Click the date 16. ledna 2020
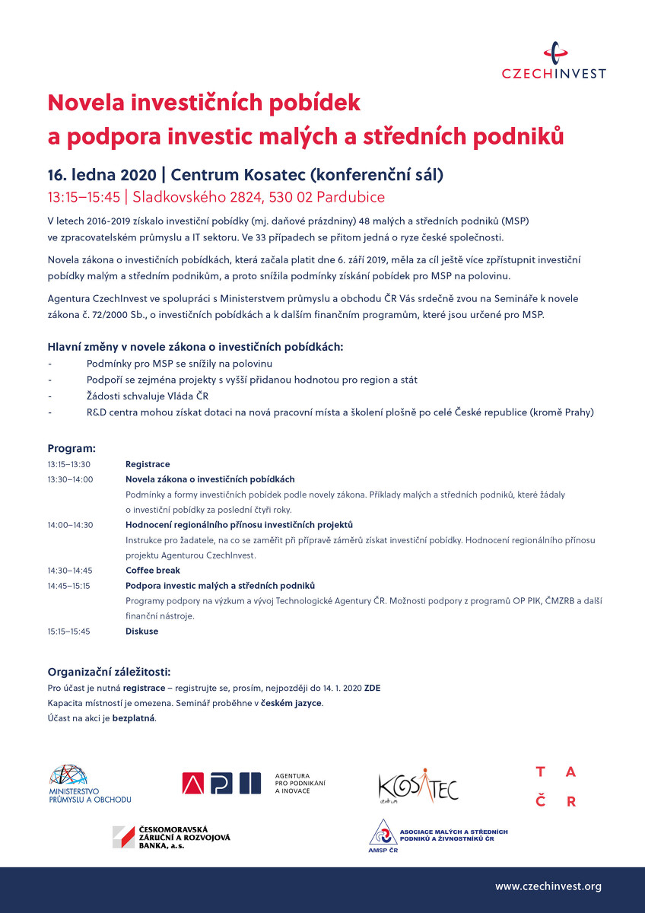[x=102, y=174]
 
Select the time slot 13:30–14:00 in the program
[x=70, y=479]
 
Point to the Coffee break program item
[x=153, y=571]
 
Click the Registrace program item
[x=148, y=464]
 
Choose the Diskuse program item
[x=141, y=631]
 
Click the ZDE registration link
[x=373, y=688]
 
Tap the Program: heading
[x=71, y=449]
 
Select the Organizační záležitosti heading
[x=109, y=673]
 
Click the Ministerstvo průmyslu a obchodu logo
[x=90, y=784]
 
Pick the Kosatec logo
[x=418, y=787]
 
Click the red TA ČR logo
[x=555, y=787]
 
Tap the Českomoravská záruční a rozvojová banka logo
[x=171, y=837]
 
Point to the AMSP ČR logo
[x=438, y=836]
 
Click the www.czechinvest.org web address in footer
[x=548, y=886]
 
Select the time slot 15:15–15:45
[x=69, y=631]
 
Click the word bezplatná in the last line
[x=134, y=718]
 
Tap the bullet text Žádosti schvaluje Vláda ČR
[x=148, y=396]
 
